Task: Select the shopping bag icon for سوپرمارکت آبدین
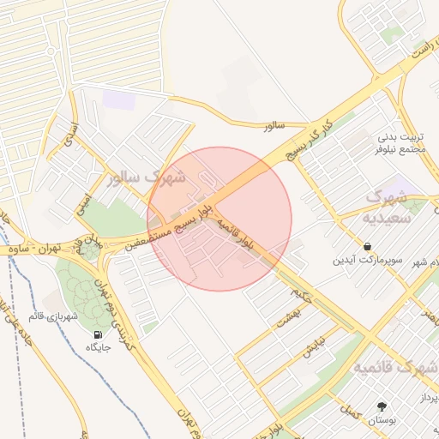click(367, 245)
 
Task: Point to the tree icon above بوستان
click(380, 406)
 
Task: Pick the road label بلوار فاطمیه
click(234, 235)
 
